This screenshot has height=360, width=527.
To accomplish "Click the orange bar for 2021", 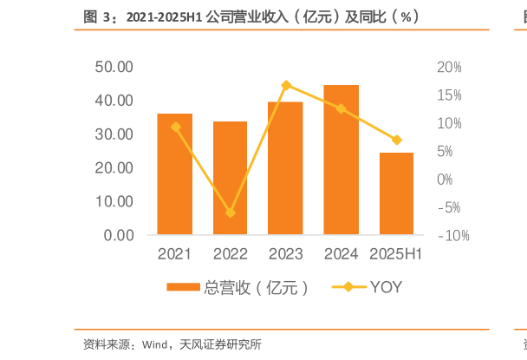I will click(x=174, y=174).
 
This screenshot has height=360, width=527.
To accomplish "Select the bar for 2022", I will click(x=230, y=179).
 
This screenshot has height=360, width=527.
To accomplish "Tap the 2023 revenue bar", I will click(x=285, y=168).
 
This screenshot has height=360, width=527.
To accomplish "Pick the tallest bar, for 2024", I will click(x=341, y=160).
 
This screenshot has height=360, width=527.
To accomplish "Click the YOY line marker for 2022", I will click(x=230, y=213).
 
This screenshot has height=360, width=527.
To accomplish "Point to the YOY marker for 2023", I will click(x=286, y=85).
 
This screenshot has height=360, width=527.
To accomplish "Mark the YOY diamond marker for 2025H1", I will click(x=396, y=140).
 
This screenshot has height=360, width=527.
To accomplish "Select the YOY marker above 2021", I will click(x=175, y=127).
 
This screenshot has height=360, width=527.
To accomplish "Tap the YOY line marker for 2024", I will click(x=341, y=108).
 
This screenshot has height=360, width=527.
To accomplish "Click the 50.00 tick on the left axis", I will click(x=114, y=67).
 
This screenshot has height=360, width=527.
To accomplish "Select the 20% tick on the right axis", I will click(x=449, y=67).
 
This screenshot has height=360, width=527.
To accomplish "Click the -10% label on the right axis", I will click(x=452, y=235).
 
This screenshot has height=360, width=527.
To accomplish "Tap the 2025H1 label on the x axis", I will click(x=396, y=254).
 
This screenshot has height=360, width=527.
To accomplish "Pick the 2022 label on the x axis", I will click(x=230, y=254).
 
